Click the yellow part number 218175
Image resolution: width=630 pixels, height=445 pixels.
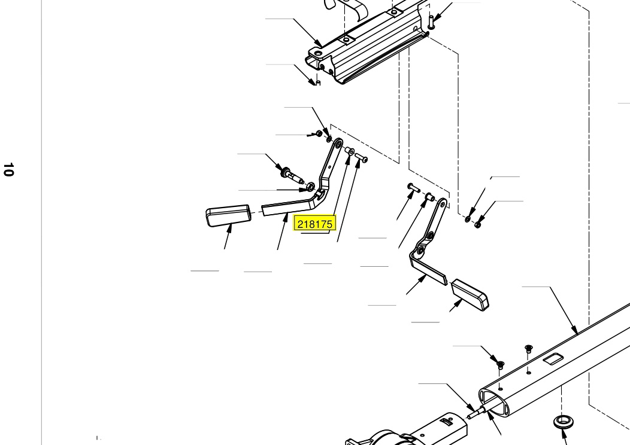(x=315, y=224)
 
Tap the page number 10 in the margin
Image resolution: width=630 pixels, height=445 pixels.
(x=8, y=169)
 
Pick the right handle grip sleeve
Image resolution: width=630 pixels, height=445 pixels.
(x=470, y=294)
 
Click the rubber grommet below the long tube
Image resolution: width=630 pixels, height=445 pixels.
(x=564, y=422)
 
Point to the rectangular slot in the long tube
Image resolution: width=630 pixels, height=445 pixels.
(x=553, y=359)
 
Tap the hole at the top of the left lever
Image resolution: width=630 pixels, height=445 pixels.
(x=338, y=142)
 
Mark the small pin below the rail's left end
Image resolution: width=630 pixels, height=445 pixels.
(x=318, y=83)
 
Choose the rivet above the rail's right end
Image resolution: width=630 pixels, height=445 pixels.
(x=431, y=22)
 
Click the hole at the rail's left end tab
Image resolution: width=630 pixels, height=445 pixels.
(x=318, y=53)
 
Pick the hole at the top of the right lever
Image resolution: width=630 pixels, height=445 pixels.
(x=443, y=204)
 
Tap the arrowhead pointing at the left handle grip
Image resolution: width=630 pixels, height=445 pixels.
(x=230, y=228)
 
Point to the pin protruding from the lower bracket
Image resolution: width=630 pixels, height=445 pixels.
(x=474, y=413)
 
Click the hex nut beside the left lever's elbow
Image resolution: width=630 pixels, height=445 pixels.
(x=310, y=187)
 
